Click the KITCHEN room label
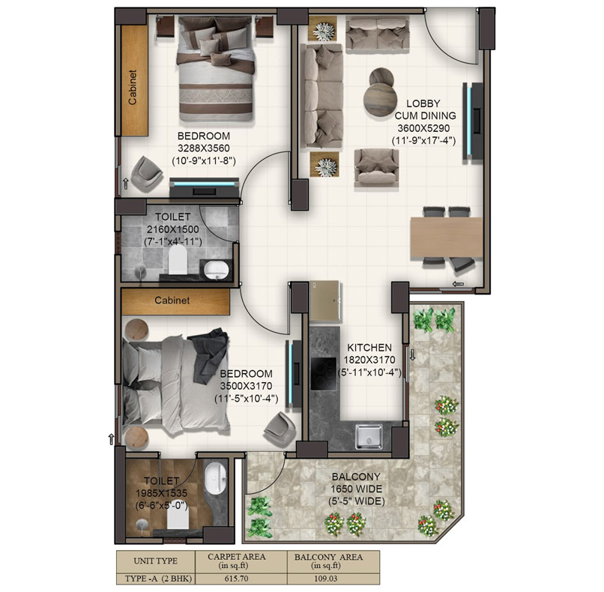tap(369, 348)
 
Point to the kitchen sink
tap(369, 435)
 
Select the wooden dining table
tap(447, 237)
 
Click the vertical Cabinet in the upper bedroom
tap(134, 81)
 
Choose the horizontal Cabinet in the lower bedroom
tap(173, 300)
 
